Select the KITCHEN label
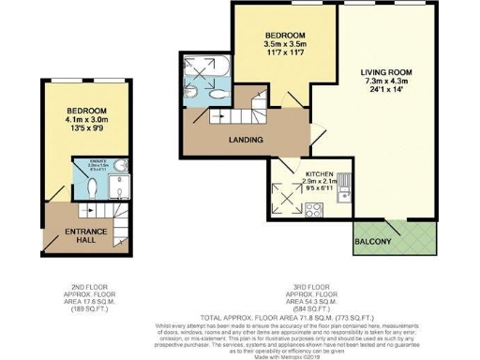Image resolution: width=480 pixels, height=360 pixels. [x=319, y=173]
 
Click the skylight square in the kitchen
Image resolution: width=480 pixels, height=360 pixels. [x=286, y=194]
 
